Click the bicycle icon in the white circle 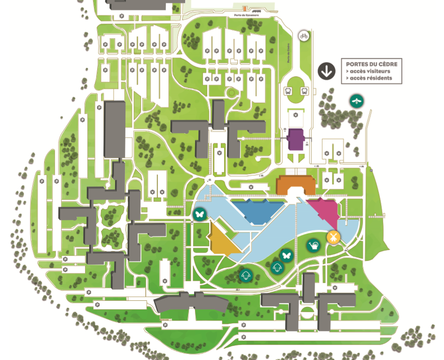(x=304, y=35)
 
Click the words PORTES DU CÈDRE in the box (x=371, y=64)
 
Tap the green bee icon (x=357, y=100)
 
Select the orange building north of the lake (x=295, y=184)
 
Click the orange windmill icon (x=333, y=237)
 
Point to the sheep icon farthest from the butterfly (x=245, y=276)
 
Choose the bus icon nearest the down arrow (x=304, y=92)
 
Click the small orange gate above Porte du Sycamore (x=245, y=8)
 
